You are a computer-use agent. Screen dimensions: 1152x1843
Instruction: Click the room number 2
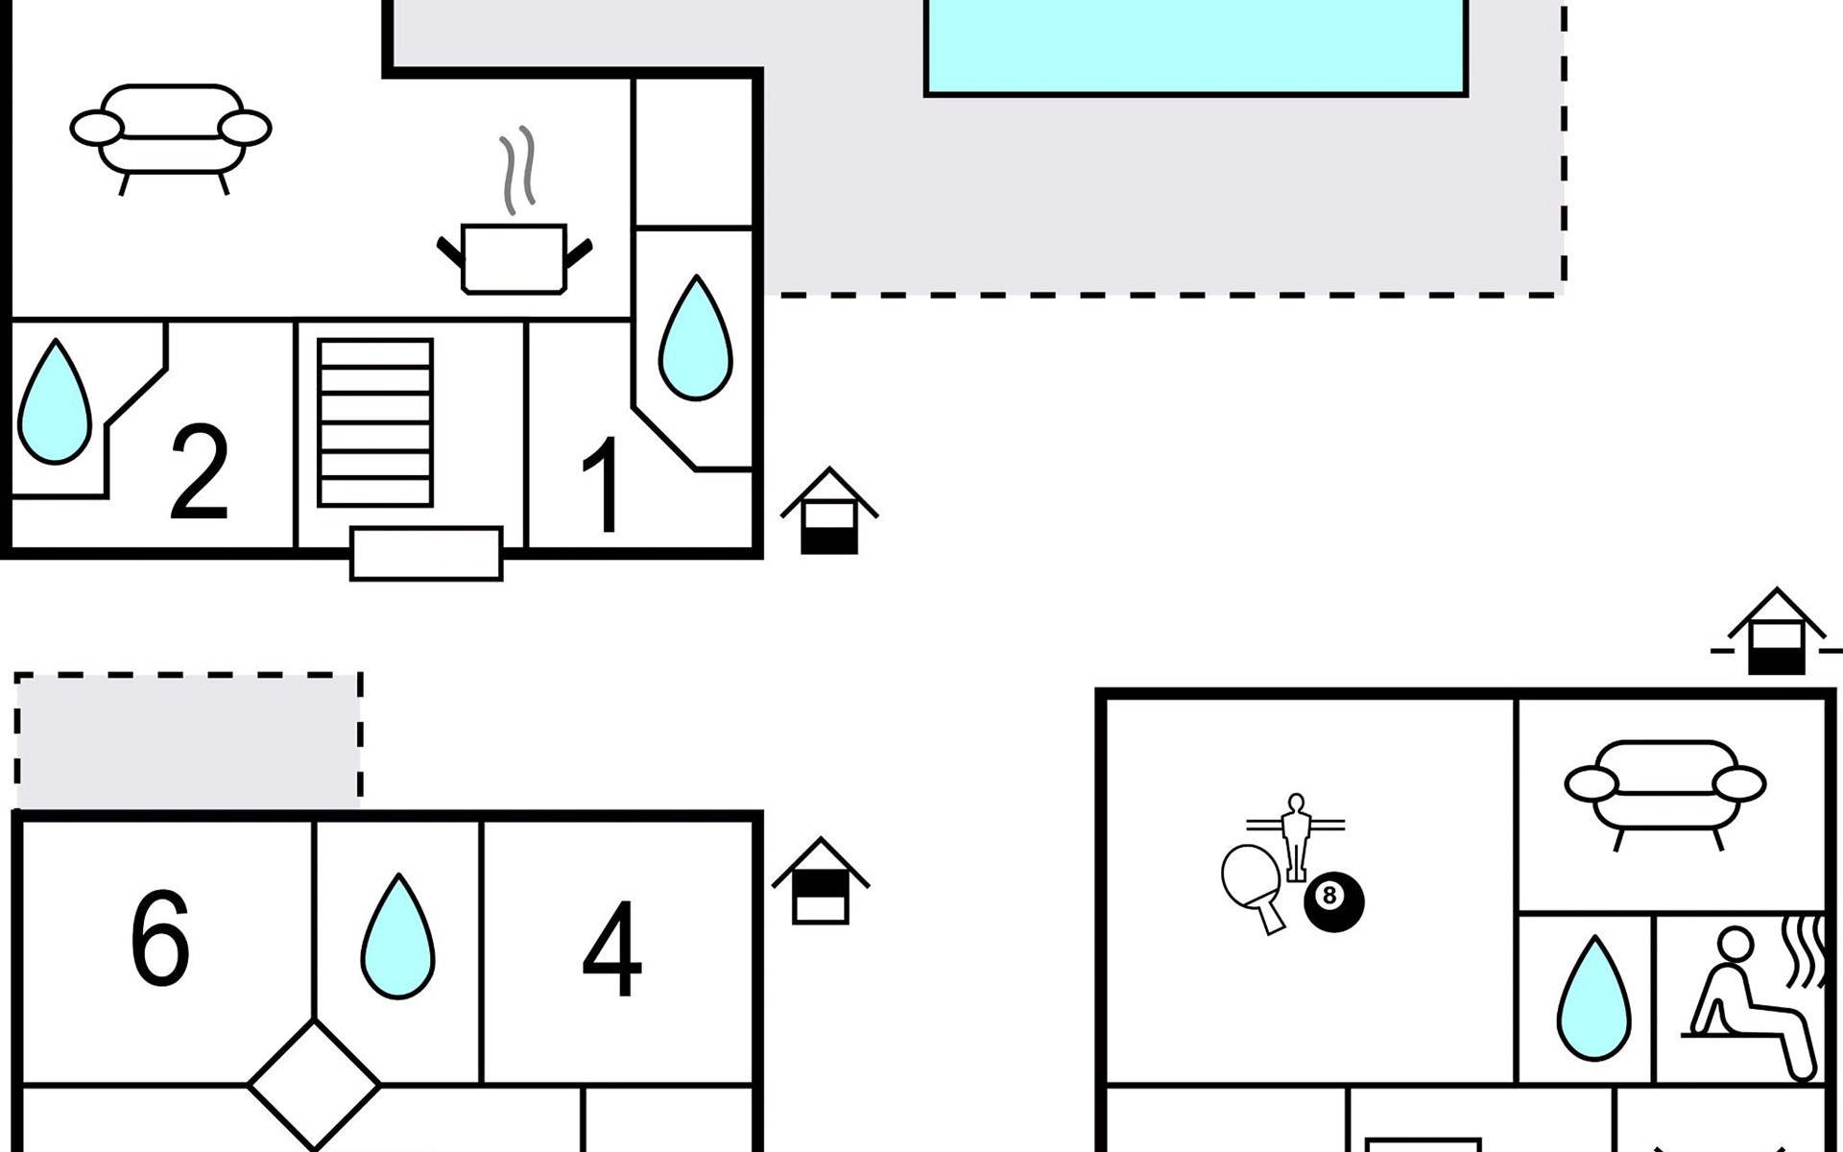pos(199,472)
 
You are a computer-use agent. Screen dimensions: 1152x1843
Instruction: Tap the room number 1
pos(603,485)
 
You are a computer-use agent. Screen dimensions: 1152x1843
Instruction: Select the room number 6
pos(159,938)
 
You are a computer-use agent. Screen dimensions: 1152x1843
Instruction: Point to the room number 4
pos(611,949)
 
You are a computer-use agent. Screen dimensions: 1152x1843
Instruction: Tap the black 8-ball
pos(1332,900)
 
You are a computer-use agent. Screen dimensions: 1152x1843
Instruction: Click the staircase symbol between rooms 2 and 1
pos(375,422)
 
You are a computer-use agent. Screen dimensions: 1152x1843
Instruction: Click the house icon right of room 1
pos(829,514)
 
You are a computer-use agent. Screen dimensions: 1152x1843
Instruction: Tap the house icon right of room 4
pos(821,883)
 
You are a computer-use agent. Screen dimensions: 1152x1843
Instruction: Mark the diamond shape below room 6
pos(314,1085)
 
